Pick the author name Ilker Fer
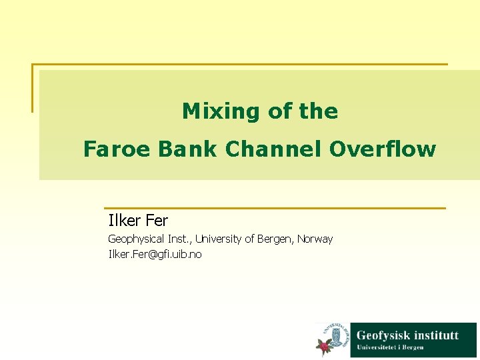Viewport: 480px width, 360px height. click(x=138, y=220)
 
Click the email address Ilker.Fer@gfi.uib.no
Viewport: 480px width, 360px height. click(x=155, y=254)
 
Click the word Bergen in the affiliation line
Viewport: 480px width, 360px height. click(x=276, y=239)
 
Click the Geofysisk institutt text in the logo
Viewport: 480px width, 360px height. click(x=407, y=335)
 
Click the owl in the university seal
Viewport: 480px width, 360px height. click(x=337, y=334)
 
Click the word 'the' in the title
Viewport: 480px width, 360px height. click(x=319, y=111)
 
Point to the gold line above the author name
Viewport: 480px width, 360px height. click(x=274, y=208)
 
